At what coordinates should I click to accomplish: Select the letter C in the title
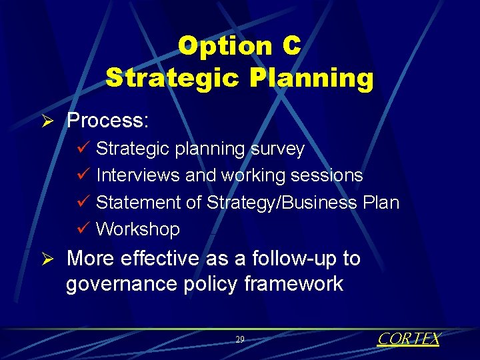click(291, 46)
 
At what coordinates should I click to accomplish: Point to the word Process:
click(107, 121)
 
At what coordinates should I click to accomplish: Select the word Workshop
click(138, 229)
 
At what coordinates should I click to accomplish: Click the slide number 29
click(240, 339)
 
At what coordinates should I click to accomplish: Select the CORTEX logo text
click(408, 339)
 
